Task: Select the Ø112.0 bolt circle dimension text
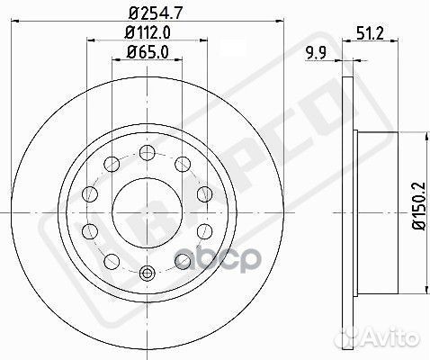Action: pos(147,33)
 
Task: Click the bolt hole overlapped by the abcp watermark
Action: pos(182,261)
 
